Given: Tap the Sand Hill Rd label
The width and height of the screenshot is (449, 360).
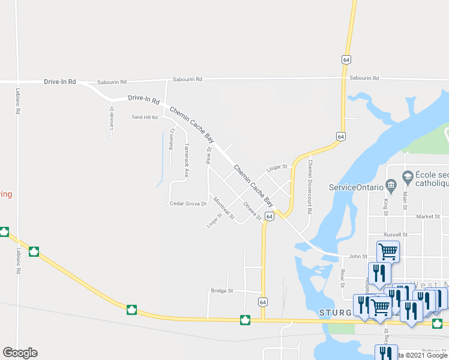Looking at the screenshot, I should pyautogui.click(x=145, y=117).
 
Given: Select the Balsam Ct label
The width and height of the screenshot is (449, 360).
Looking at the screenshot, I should pyautogui.click(x=171, y=138).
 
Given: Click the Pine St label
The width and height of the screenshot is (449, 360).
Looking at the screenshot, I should pyautogui.click(x=209, y=154).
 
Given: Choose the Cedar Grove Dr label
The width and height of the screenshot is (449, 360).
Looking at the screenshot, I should pyautogui.click(x=188, y=203).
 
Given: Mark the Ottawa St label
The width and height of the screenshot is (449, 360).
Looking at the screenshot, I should pyautogui.click(x=252, y=211).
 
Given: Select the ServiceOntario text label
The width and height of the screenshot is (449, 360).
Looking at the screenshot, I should pyautogui.click(x=355, y=187).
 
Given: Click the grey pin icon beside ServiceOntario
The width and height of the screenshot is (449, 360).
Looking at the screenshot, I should pyautogui.click(x=391, y=185).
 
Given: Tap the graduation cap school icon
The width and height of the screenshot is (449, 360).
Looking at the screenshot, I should pyautogui.click(x=408, y=176).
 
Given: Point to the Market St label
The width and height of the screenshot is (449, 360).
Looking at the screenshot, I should pyautogui.click(x=428, y=216).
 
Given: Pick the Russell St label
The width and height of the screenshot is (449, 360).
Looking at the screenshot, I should pyautogui.click(x=396, y=235).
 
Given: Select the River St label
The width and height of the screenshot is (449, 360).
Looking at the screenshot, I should pyautogui.click(x=342, y=275).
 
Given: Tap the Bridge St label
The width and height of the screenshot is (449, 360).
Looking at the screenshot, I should pyautogui.click(x=221, y=291).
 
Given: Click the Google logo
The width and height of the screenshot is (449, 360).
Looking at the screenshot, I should pyautogui.click(x=20, y=353).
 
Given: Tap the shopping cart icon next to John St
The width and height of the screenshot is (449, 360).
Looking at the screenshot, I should pyautogui.click(x=388, y=250).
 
